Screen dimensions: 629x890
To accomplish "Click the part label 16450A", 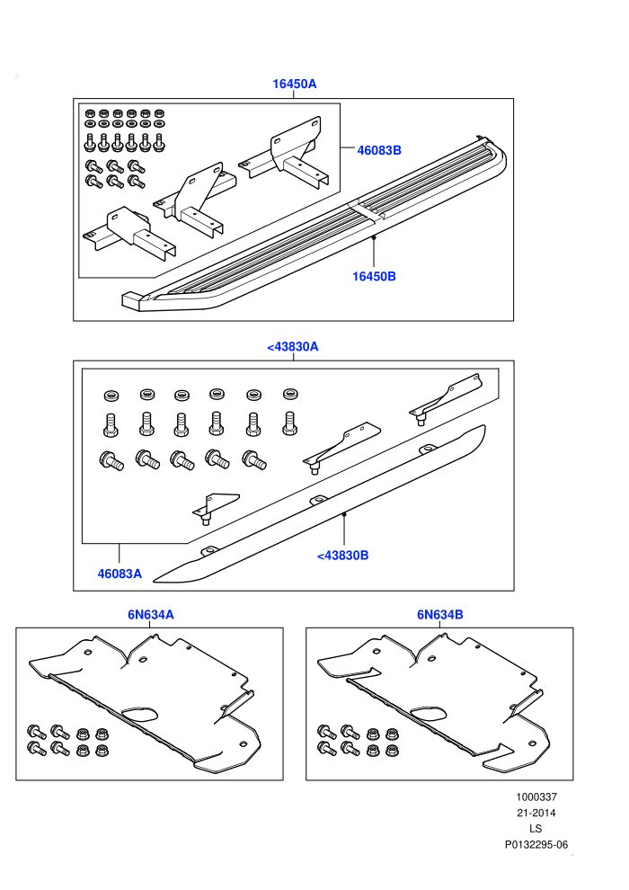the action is coord(295,84).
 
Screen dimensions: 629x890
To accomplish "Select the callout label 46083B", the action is coord(379,150).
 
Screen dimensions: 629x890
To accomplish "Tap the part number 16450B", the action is coord(374,276).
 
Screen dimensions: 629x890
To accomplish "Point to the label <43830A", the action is coord(293,347).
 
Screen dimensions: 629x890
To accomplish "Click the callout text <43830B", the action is coord(342,556).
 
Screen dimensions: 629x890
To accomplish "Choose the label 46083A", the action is coord(120,574).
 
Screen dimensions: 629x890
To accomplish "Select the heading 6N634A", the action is coord(150,615).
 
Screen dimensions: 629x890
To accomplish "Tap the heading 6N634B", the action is coord(439,615).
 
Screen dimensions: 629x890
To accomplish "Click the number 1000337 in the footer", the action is coord(536,797).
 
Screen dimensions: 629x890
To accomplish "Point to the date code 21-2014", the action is coord(536,813).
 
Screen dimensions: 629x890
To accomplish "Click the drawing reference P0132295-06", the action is coord(536,845).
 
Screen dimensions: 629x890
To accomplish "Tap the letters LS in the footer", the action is coord(536,829).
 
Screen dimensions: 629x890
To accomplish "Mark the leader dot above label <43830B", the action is coord(344,514).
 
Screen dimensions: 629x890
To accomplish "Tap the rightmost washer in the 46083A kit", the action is coord(291,394).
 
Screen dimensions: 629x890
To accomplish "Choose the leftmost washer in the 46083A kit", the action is coord(111,396).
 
